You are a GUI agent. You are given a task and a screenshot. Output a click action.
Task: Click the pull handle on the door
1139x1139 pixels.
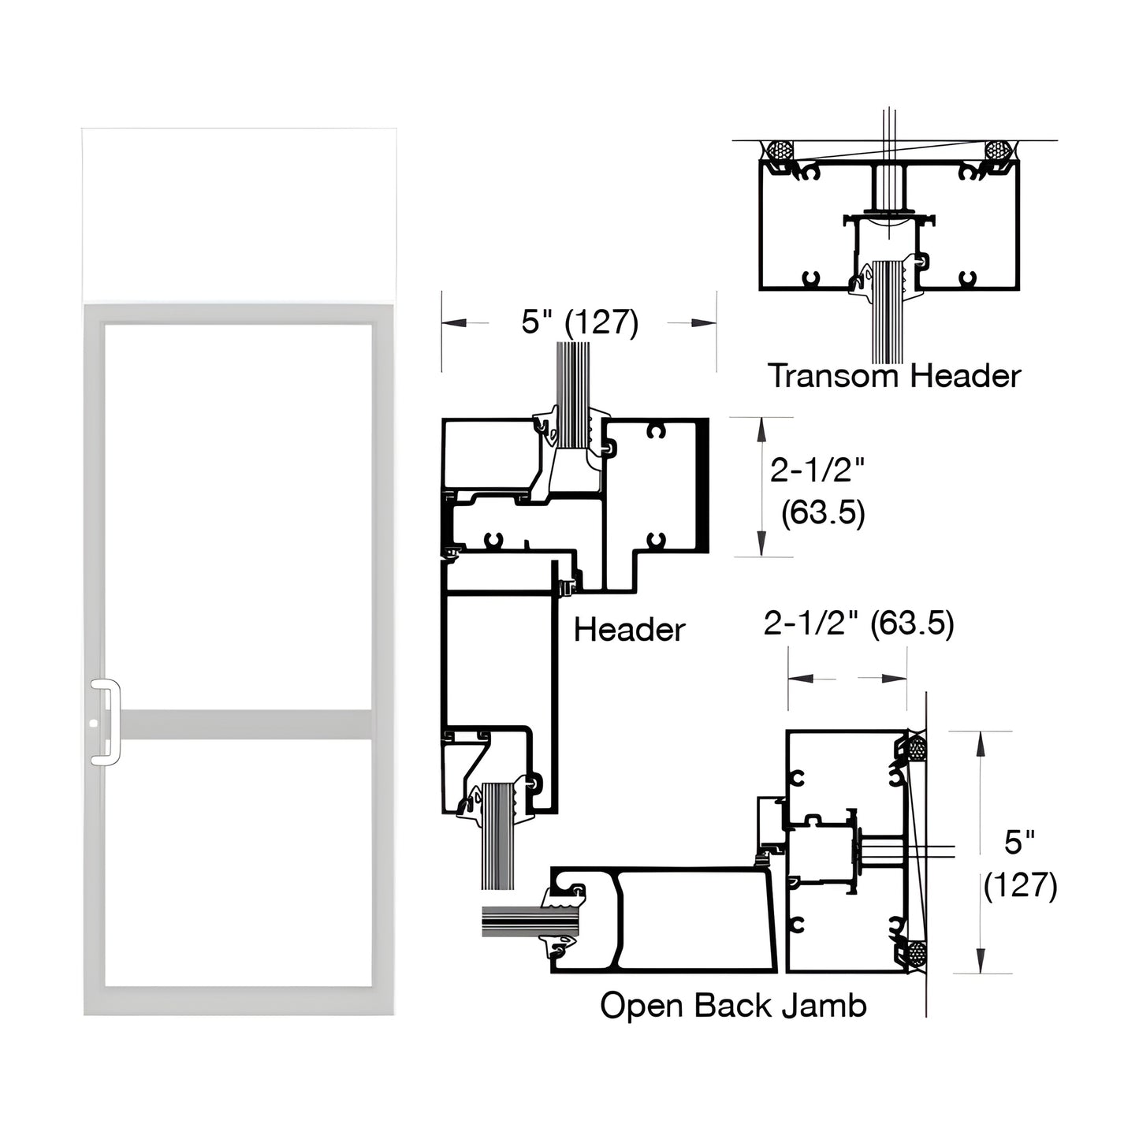coord(106,722)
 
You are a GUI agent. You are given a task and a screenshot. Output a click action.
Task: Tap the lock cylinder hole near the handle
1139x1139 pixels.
coord(93,722)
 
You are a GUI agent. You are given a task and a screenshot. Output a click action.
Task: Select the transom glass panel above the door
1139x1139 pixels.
coord(239,214)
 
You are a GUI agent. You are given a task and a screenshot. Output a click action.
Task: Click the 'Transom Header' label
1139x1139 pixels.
coord(894,376)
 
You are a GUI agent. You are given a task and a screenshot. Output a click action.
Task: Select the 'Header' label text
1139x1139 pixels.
coord(629,630)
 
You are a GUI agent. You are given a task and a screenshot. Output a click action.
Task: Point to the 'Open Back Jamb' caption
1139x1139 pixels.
coord(733,1006)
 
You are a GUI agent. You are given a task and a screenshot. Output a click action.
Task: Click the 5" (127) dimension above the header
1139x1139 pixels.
coord(579,322)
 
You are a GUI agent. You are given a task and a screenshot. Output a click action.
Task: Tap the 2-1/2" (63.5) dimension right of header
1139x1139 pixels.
coord(817,491)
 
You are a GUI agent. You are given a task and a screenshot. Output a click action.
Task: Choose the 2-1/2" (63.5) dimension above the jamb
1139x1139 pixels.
coord(858,624)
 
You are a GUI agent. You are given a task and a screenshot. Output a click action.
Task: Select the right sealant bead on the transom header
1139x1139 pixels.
coord(998,151)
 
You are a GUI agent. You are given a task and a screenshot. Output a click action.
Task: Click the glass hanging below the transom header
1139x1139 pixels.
coord(888,323)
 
